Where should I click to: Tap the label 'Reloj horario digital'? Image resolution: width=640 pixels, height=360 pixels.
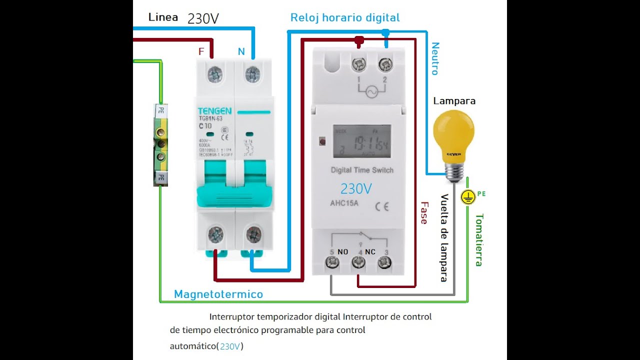[x=345, y=18]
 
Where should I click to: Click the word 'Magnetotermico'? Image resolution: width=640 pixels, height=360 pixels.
[x=218, y=294]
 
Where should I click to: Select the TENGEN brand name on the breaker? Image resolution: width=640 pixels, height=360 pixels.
[x=214, y=111]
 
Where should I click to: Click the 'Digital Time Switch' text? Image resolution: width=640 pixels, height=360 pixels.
[x=362, y=170]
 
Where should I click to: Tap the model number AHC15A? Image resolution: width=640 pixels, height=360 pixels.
[x=344, y=203]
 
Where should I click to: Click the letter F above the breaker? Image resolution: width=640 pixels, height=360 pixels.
[x=201, y=51]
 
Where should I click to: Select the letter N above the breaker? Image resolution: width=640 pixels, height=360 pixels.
[x=241, y=51]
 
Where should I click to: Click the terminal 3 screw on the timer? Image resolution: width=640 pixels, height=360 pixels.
[x=384, y=262]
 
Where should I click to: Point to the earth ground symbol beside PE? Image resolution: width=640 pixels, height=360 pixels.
[x=468, y=197]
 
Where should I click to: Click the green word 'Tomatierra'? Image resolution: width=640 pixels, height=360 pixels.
[x=478, y=240]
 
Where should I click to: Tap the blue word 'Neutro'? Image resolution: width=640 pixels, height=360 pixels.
[x=435, y=58]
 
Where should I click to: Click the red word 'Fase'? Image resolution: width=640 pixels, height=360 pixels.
[x=424, y=212]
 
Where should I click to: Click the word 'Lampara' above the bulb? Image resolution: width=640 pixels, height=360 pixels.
[x=454, y=101]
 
